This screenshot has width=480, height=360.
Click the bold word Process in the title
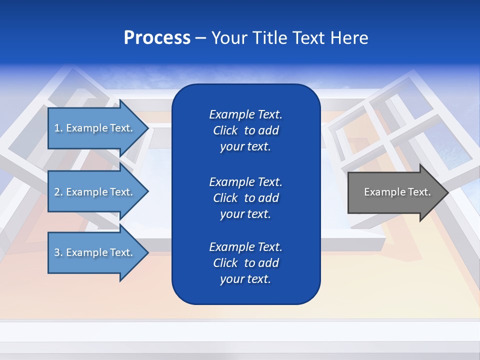[x=157, y=38]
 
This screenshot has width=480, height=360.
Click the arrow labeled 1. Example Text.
[x=95, y=128]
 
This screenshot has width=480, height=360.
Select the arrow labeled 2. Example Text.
[x=95, y=192]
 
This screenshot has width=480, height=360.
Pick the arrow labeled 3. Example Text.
[x=95, y=252]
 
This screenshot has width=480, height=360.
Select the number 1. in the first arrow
[x=58, y=128]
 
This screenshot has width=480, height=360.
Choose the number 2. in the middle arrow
[x=58, y=192]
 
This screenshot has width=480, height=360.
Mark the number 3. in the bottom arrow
[x=58, y=252]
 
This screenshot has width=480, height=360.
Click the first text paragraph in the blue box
[x=245, y=130]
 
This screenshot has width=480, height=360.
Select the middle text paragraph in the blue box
[x=245, y=198]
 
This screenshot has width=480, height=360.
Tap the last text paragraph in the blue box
[x=245, y=263]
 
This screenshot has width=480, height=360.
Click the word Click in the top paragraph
[x=225, y=130]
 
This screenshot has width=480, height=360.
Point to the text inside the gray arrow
[x=397, y=192]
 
